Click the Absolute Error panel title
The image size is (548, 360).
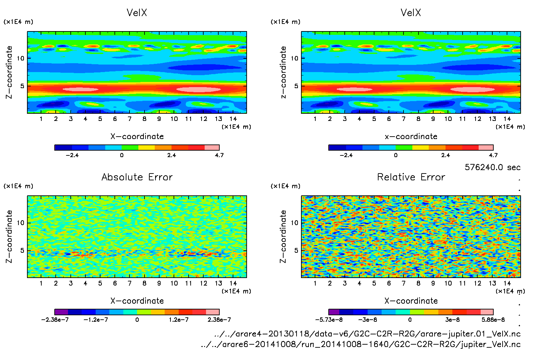[x=137, y=177]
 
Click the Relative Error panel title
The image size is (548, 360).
[x=411, y=177]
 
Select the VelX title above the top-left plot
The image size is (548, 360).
[x=137, y=13]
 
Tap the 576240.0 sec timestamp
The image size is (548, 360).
[x=492, y=167]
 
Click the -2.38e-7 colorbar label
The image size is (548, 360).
[x=55, y=320]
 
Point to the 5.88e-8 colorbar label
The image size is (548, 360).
[x=493, y=320]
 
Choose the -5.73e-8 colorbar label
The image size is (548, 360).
[x=329, y=320]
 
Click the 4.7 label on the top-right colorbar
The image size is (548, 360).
[x=493, y=155]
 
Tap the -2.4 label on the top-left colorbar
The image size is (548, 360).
[x=72, y=155]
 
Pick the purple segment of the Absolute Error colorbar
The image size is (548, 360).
[x=61, y=312]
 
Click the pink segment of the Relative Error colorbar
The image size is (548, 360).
[x=487, y=312]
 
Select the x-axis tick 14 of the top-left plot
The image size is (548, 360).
[x=233, y=119]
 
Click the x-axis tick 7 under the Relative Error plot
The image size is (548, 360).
[x=403, y=283]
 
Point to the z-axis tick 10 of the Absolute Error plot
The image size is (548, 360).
[x=20, y=223]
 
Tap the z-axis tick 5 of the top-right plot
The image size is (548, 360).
[x=296, y=86]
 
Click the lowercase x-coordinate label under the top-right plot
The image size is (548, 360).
[x=411, y=137]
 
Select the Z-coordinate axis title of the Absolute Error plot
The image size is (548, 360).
[x=9, y=236]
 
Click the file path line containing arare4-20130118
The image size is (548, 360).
[x=367, y=334]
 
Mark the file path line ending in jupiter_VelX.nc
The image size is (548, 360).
[x=361, y=344]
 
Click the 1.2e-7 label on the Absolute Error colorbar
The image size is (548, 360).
[x=178, y=320]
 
